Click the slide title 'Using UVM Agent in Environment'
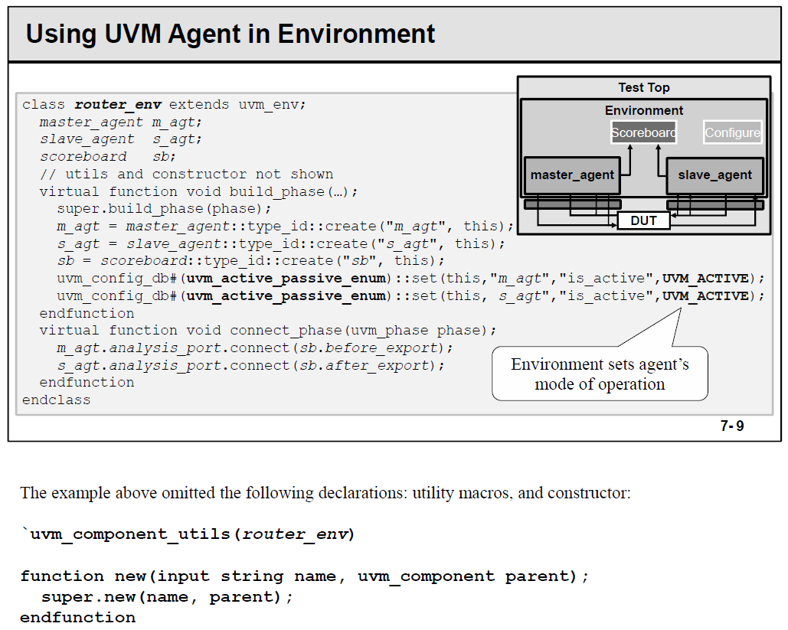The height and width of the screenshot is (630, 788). [x=231, y=34]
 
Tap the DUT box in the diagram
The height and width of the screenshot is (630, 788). [x=643, y=220]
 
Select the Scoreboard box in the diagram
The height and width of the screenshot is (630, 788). [x=643, y=132]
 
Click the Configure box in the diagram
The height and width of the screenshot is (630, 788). [x=732, y=132]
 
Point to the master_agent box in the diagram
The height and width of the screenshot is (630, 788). [x=572, y=175]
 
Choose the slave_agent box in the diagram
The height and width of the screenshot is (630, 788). [x=714, y=175]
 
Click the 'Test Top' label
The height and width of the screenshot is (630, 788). [x=644, y=88]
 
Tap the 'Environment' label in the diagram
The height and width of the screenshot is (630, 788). [x=644, y=110]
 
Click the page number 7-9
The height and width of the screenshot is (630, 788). [x=731, y=426]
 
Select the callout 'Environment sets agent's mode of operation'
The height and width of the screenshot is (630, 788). [x=600, y=374]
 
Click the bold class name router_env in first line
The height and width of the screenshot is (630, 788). [x=117, y=104]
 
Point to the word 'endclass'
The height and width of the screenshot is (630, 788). [x=56, y=400]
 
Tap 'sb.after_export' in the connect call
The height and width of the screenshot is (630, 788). [x=364, y=365]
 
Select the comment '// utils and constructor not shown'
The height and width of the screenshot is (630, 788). [x=186, y=174]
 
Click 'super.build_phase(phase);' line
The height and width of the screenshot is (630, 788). [x=164, y=208]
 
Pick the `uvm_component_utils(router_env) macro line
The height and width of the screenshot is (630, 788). [x=188, y=534]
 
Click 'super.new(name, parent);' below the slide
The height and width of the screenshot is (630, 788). [x=167, y=596]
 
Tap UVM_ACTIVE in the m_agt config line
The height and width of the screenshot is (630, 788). [x=705, y=278]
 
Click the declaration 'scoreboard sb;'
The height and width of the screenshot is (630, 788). [x=107, y=156]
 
